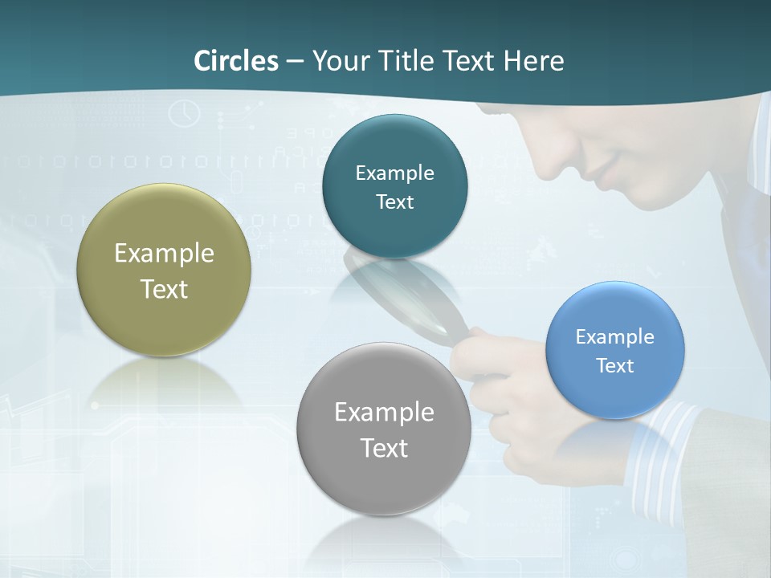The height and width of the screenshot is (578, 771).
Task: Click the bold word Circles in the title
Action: (235, 61)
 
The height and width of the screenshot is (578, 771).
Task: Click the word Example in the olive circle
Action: (164, 254)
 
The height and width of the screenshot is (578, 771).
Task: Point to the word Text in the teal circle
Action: (394, 202)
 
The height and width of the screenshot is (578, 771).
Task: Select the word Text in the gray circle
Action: (384, 448)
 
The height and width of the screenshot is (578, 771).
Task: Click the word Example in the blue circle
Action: (615, 337)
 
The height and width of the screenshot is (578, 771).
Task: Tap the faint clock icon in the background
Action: (184, 113)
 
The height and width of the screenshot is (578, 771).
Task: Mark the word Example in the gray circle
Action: (384, 413)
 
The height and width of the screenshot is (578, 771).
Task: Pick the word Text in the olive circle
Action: (164, 289)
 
